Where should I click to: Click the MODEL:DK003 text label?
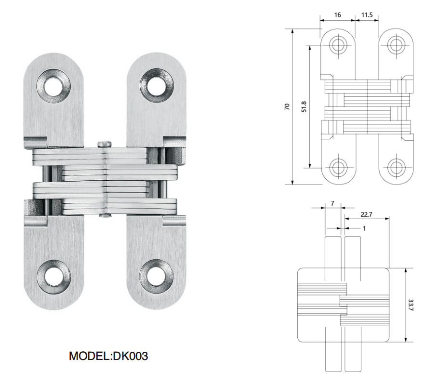pyautogui.click(x=108, y=356)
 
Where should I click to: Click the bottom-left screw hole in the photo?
pyautogui.click(x=53, y=277)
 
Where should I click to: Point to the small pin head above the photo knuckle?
pyautogui.click(x=105, y=143)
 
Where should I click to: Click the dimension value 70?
pyautogui.click(x=287, y=106)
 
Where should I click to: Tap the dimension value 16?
pyautogui.click(x=337, y=15)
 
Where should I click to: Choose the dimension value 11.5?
pyautogui.click(x=367, y=15)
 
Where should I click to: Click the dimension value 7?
pyautogui.click(x=333, y=203)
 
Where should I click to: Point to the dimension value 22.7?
pyautogui.click(x=367, y=213)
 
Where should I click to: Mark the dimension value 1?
pyautogui.click(x=364, y=228)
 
